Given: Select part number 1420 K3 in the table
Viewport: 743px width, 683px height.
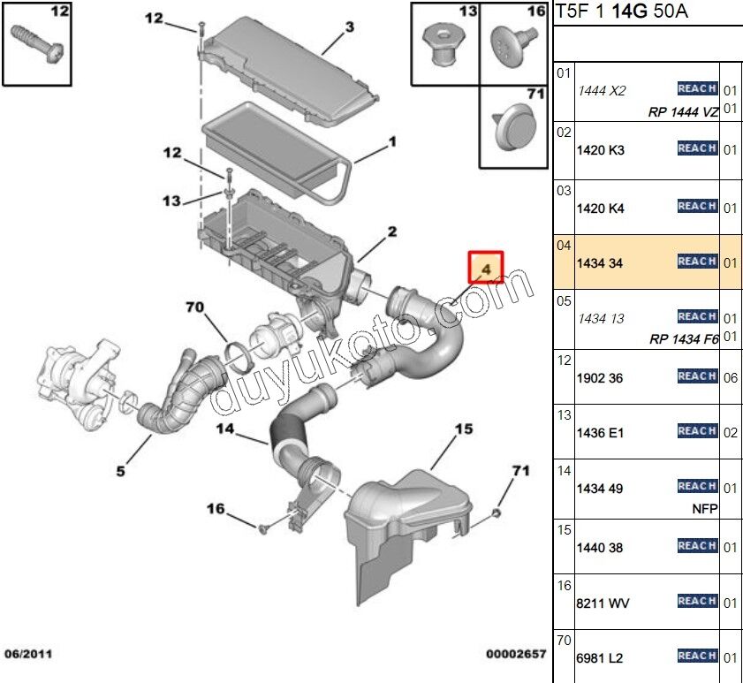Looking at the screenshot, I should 600,150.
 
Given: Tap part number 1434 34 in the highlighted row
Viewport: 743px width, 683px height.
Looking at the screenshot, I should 600,263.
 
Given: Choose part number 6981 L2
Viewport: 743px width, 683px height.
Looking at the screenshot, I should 600,659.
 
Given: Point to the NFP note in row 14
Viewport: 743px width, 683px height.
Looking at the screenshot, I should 706,508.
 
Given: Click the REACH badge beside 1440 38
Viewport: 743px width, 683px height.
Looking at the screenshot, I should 697,546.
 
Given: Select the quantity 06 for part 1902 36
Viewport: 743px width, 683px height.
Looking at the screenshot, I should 730,377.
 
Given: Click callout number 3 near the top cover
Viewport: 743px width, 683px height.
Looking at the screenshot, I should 349,27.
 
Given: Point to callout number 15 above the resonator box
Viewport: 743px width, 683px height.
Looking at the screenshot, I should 463,429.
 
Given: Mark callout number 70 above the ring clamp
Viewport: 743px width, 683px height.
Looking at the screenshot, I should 195,307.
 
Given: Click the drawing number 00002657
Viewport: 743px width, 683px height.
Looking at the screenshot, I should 515,654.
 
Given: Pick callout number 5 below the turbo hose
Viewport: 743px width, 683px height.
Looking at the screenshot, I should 121,471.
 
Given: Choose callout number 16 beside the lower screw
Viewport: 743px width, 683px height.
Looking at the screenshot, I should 216,508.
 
